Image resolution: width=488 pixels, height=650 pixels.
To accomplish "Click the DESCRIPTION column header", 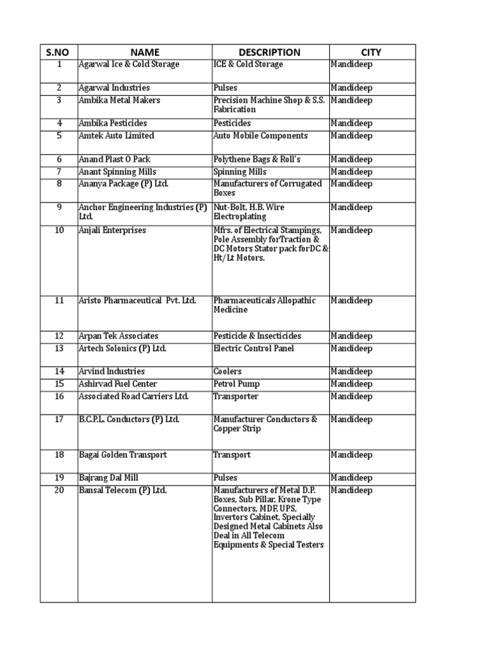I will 269,52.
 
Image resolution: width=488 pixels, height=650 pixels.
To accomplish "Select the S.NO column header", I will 58,52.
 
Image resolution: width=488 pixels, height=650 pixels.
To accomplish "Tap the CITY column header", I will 372,52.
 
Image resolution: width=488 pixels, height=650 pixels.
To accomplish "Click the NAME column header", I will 145,52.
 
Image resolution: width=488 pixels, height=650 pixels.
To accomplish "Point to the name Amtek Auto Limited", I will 116,136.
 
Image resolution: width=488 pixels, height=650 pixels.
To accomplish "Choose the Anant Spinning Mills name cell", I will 118,172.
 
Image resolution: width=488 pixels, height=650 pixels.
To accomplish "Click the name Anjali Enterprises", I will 112,230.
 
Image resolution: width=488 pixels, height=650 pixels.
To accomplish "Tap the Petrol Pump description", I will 236,384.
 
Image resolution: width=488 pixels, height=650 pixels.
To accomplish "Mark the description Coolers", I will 227,371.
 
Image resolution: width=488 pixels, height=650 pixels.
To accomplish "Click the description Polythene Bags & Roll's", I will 257,159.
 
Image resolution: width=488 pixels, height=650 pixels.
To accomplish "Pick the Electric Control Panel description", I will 254,348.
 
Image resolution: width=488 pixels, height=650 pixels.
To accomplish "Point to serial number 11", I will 59,300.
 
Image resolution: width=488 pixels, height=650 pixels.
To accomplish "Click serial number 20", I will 59,490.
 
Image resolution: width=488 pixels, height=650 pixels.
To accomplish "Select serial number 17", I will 59,420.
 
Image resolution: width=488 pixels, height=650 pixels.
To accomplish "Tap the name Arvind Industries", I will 111,371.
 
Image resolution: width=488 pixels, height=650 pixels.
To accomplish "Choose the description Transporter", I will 236,397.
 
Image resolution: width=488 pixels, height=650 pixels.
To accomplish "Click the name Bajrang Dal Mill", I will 108,478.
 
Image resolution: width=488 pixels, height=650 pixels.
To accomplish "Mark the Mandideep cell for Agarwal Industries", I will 351,88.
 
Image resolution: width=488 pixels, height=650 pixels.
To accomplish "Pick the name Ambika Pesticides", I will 111,123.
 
